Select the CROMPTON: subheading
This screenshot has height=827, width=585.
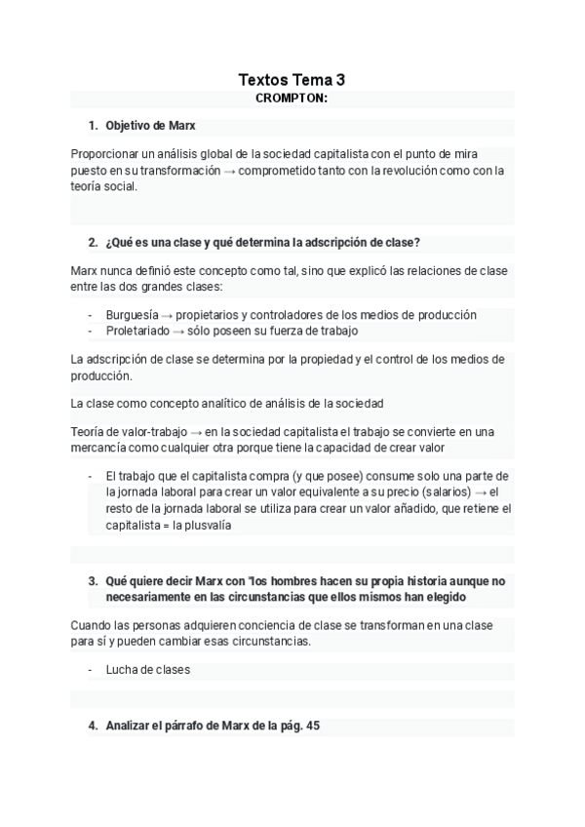click(x=292, y=98)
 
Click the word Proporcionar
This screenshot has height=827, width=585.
click(x=104, y=153)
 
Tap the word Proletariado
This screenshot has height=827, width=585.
click(x=137, y=331)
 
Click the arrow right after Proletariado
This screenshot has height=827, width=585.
click(x=178, y=331)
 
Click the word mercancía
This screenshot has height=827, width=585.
click(x=101, y=448)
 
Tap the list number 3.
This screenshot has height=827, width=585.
click(x=92, y=579)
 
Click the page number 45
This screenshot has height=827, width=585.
click(x=312, y=726)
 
